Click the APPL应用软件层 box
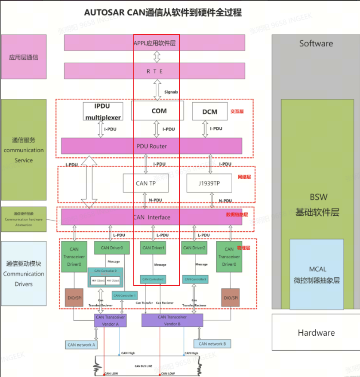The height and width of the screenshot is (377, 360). point(154,43)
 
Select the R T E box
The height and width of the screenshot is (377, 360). point(154,71)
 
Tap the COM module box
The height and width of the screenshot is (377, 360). point(158,111)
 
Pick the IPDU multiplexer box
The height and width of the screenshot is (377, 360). point(102,111)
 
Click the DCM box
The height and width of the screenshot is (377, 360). point(210,111)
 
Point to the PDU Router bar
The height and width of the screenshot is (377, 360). point(151,146)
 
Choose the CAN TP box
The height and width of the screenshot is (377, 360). point(145,183)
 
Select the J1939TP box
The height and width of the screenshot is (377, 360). point(209,183)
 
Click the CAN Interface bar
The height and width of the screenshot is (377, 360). point(151,217)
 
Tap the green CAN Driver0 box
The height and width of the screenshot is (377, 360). point(109,248)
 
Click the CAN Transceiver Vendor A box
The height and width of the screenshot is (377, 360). point(110,320)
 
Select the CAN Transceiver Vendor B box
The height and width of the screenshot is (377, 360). point(172,320)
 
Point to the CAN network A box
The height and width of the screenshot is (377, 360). point(82,344)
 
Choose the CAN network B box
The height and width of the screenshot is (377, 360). point(212,343)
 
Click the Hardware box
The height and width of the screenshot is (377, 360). point(316,332)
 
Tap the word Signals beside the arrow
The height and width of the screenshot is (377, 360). point(171,92)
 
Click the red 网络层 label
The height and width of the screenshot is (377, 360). point(243,177)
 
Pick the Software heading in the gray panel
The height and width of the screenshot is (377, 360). point(316,43)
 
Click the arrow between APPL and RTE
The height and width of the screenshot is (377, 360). point(157,57)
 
